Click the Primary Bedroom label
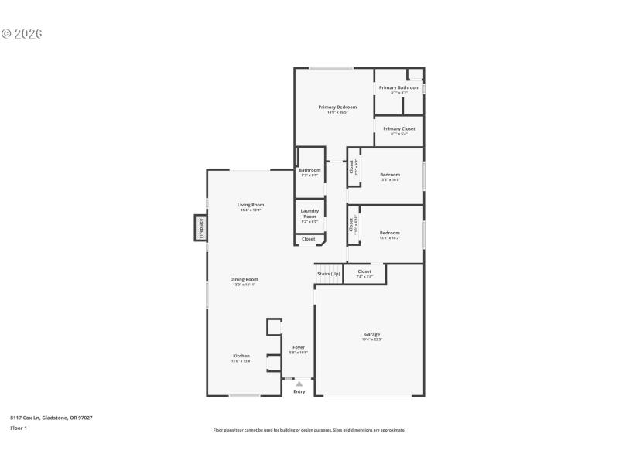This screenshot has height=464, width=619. (x=337, y=107)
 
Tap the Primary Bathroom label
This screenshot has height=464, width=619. (x=399, y=88)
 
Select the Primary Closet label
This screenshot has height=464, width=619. (x=399, y=129)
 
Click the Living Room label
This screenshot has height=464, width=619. (x=251, y=205)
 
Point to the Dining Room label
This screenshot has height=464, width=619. (x=245, y=279)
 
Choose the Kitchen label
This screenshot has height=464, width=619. (x=241, y=356)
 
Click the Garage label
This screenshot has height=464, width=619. (x=372, y=335)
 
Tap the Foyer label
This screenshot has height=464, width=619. (x=299, y=348)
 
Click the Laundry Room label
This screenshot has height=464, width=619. (x=309, y=213)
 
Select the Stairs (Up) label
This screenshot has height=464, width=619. (x=329, y=272)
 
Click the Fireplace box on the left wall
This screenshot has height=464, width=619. (x=200, y=228)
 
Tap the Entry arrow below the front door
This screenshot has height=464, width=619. (x=299, y=384)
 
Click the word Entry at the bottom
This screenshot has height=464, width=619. (x=299, y=392)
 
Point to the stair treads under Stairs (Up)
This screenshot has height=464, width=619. (x=329, y=280)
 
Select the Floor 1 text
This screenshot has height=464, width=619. (x=19, y=428)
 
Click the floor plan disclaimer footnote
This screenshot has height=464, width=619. (x=309, y=430)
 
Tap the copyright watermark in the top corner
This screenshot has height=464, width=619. (x=22, y=34)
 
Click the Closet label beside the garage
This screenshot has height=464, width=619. (x=364, y=272)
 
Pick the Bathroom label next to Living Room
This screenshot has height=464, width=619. (x=309, y=170)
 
